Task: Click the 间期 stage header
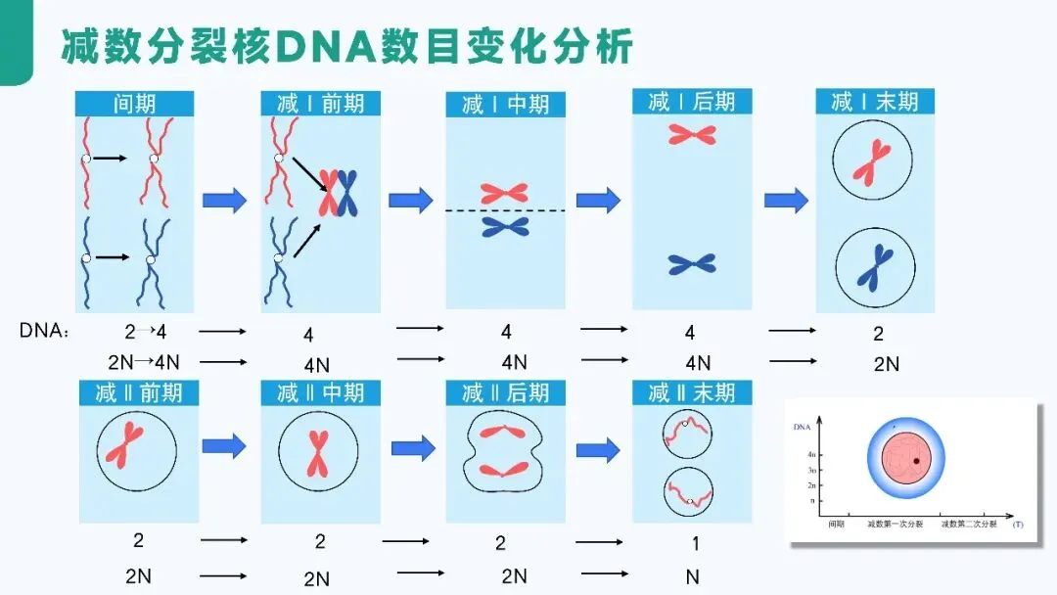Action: point(135,104)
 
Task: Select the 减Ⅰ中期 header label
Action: point(505,105)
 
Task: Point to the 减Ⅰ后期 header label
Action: point(692,101)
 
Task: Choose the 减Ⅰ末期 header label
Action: point(875,102)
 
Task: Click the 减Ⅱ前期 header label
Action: point(138,393)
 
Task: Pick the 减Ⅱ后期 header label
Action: point(505,393)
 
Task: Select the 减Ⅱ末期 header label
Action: point(692,393)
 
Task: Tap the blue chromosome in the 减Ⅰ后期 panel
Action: point(692,263)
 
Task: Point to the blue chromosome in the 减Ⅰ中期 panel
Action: point(505,227)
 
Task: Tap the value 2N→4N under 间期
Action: point(144,362)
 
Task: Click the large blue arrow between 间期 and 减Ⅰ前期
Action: point(224,201)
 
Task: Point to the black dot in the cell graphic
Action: point(916,460)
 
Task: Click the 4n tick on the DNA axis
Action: point(810,455)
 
